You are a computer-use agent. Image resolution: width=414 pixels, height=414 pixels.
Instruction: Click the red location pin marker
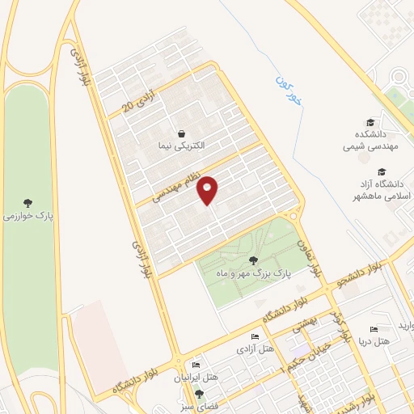pos(209,190)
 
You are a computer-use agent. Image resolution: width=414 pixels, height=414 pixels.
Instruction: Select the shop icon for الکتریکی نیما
pos(182,133)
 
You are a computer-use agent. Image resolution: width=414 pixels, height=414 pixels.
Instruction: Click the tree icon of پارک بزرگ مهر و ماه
pos(254,260)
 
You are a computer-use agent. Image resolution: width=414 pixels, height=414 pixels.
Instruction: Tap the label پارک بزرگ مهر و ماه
pos(252,275)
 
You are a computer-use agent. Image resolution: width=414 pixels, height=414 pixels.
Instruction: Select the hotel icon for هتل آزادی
pos(255,337)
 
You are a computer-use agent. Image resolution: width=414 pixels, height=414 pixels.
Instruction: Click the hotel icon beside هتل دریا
pos(373,329)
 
